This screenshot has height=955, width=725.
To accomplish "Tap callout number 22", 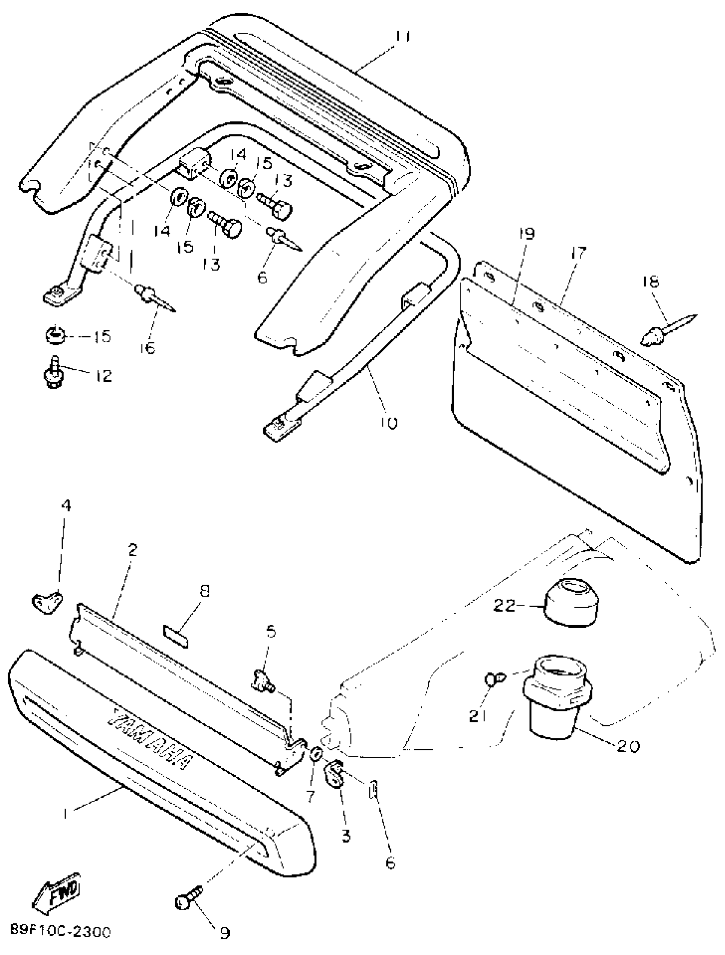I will [504, 606].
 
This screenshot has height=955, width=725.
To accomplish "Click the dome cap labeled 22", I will [571, 602].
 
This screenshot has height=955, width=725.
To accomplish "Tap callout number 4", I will [66, 505].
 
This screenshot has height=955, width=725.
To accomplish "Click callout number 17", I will [578, 253].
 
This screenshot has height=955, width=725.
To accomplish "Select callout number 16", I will [147, 348].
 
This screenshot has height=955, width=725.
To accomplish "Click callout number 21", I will [478, 717].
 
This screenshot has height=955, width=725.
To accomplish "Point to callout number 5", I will [271, 631].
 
